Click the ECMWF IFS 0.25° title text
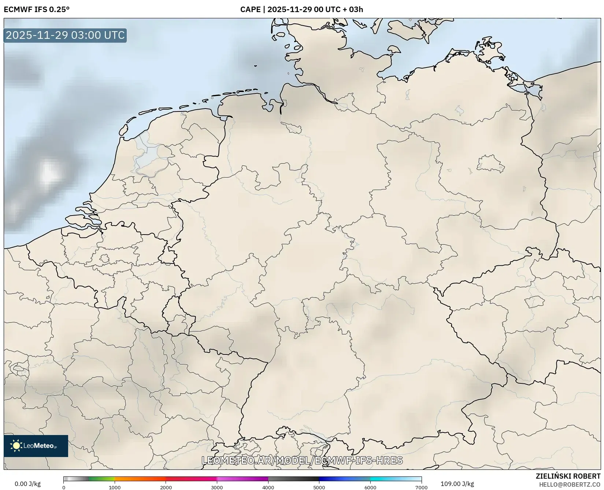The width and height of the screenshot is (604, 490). coord(37,10)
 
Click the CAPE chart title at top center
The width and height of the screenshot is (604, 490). coord(301,10)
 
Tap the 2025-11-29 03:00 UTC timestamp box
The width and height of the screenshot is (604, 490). coord(65,35)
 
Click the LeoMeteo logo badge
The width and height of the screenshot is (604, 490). coord(36,446)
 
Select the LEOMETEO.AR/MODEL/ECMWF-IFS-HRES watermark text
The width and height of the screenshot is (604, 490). coord(302,460)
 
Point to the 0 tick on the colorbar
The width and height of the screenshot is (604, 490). coord(64,487)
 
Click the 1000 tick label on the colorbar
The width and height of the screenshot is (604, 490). coord(115,487)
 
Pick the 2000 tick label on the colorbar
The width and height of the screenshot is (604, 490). coord(166,487)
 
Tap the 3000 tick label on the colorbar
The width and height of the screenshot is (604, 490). coord(217,487)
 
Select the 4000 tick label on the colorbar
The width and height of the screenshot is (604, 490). coord(268,487)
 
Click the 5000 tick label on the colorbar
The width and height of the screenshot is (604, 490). coord(319,487)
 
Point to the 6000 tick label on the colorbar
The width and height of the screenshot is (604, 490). coord(370,487)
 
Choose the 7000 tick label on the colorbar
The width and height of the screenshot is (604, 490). coord(421,487)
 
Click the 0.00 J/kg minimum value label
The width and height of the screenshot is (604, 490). coord(27,484)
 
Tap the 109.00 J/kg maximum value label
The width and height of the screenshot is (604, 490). coord(457,484)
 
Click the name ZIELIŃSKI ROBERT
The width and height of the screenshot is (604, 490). coord(568,476)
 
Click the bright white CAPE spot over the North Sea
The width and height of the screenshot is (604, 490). coord(48,172)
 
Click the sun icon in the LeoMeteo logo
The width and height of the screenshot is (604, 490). coord(16,446)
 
